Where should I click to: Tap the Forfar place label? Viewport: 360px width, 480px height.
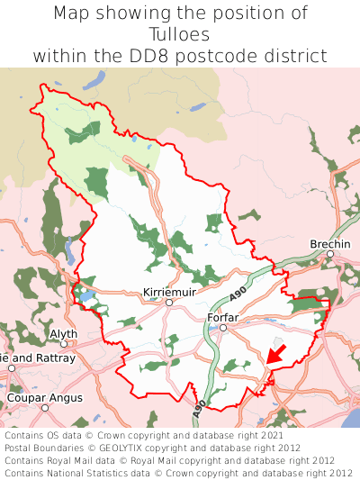[223, 317]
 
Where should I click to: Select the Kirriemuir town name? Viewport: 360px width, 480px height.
[168, 292]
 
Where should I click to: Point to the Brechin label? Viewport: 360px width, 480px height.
[329, 244]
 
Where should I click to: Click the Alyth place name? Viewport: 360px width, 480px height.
[63, 333]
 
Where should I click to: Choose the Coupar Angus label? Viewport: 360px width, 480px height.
[44, 397]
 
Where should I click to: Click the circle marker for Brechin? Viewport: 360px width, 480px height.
[330, 255]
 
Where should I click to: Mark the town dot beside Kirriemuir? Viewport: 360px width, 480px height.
[168, 303]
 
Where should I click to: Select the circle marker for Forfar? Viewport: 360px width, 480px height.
[223, 328]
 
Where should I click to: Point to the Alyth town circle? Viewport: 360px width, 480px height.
[64, 344]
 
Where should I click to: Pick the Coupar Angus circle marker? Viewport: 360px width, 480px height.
[44, 408]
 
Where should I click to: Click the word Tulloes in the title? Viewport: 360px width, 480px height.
[180, 34]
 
